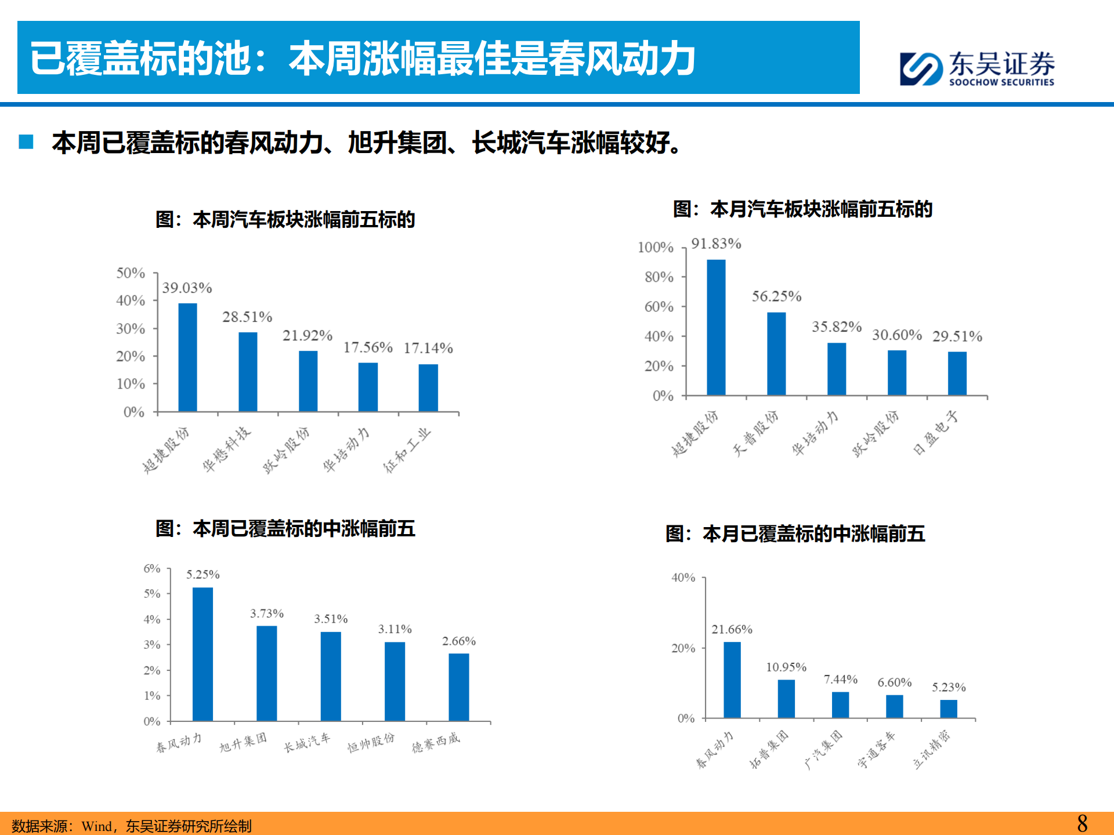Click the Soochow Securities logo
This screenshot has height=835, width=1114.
(x=977, y=69)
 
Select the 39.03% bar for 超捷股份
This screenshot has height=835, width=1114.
(x=187, y=357)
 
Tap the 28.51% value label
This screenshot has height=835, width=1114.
(x=247, y=317)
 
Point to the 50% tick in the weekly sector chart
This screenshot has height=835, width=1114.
(x=131, y=273)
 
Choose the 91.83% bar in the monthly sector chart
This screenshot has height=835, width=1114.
(x=716, y=328)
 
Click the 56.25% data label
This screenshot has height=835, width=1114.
(x=776, y=297)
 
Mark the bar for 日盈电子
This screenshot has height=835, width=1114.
(x=957, y=373)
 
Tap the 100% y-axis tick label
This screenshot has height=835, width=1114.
(x=656, y=248)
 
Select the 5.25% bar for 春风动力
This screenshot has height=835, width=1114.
(x=202, y=654)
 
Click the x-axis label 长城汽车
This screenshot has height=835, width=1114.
(x=307, y=742)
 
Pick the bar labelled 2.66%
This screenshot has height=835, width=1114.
(x=458, y=687)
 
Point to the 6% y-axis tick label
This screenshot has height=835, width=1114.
(x=152, y=569)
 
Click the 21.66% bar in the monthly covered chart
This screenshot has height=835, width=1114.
(x=732, y=680)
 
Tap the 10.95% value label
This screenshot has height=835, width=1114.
(x=786, y=667)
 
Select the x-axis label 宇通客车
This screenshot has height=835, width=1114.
(x=877, y=749)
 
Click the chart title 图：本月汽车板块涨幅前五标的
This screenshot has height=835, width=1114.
(x=802, y=209)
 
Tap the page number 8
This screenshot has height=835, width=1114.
(x=1082, y=823)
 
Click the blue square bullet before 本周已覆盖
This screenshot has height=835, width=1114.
(x=26, y=142)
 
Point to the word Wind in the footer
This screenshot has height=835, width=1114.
(x=96, y=826)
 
